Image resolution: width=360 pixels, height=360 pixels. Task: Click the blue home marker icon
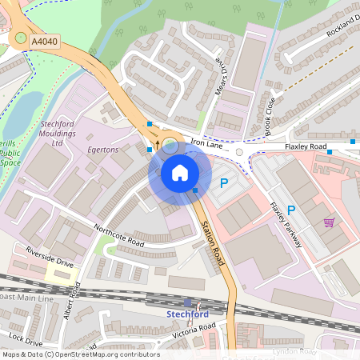pos(180,173)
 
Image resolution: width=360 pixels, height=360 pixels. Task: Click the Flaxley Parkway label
pos(285,224)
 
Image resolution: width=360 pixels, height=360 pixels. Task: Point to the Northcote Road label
pos(118,238)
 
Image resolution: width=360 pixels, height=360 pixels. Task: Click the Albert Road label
pos(72,301)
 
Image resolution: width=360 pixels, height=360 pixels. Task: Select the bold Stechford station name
pos(187,314)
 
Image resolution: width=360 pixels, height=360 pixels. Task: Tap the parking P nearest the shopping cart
pos(291,210)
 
